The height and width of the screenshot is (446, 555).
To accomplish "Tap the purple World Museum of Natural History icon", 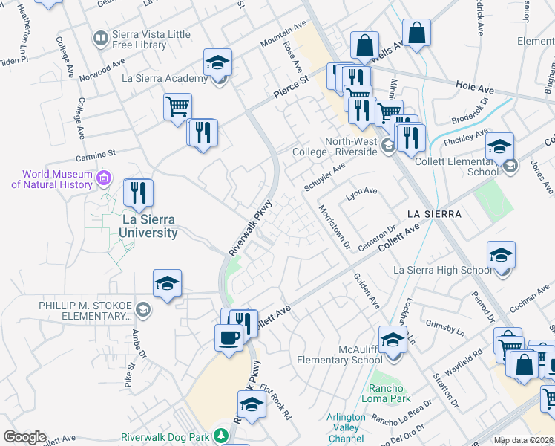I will click(x=104, y=178).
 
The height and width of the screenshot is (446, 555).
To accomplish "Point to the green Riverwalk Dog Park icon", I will click(x=220, y=434).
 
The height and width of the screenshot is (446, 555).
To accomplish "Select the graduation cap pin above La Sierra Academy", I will click(x=218, y=63).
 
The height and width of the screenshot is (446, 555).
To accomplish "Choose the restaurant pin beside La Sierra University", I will click(x=138, y=193).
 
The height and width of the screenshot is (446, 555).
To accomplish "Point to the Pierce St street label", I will click(x=292, y=85).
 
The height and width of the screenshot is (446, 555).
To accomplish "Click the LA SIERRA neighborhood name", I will click(x=435, y=214).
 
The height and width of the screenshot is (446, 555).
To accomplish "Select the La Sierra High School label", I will click(x=442, y=270).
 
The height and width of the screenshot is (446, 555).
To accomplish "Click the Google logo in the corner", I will click(x=24, y=437).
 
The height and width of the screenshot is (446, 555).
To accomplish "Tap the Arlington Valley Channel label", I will click(x=346, y=428).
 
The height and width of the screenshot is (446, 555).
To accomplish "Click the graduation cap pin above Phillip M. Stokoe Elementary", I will click(x=168, y=283).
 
